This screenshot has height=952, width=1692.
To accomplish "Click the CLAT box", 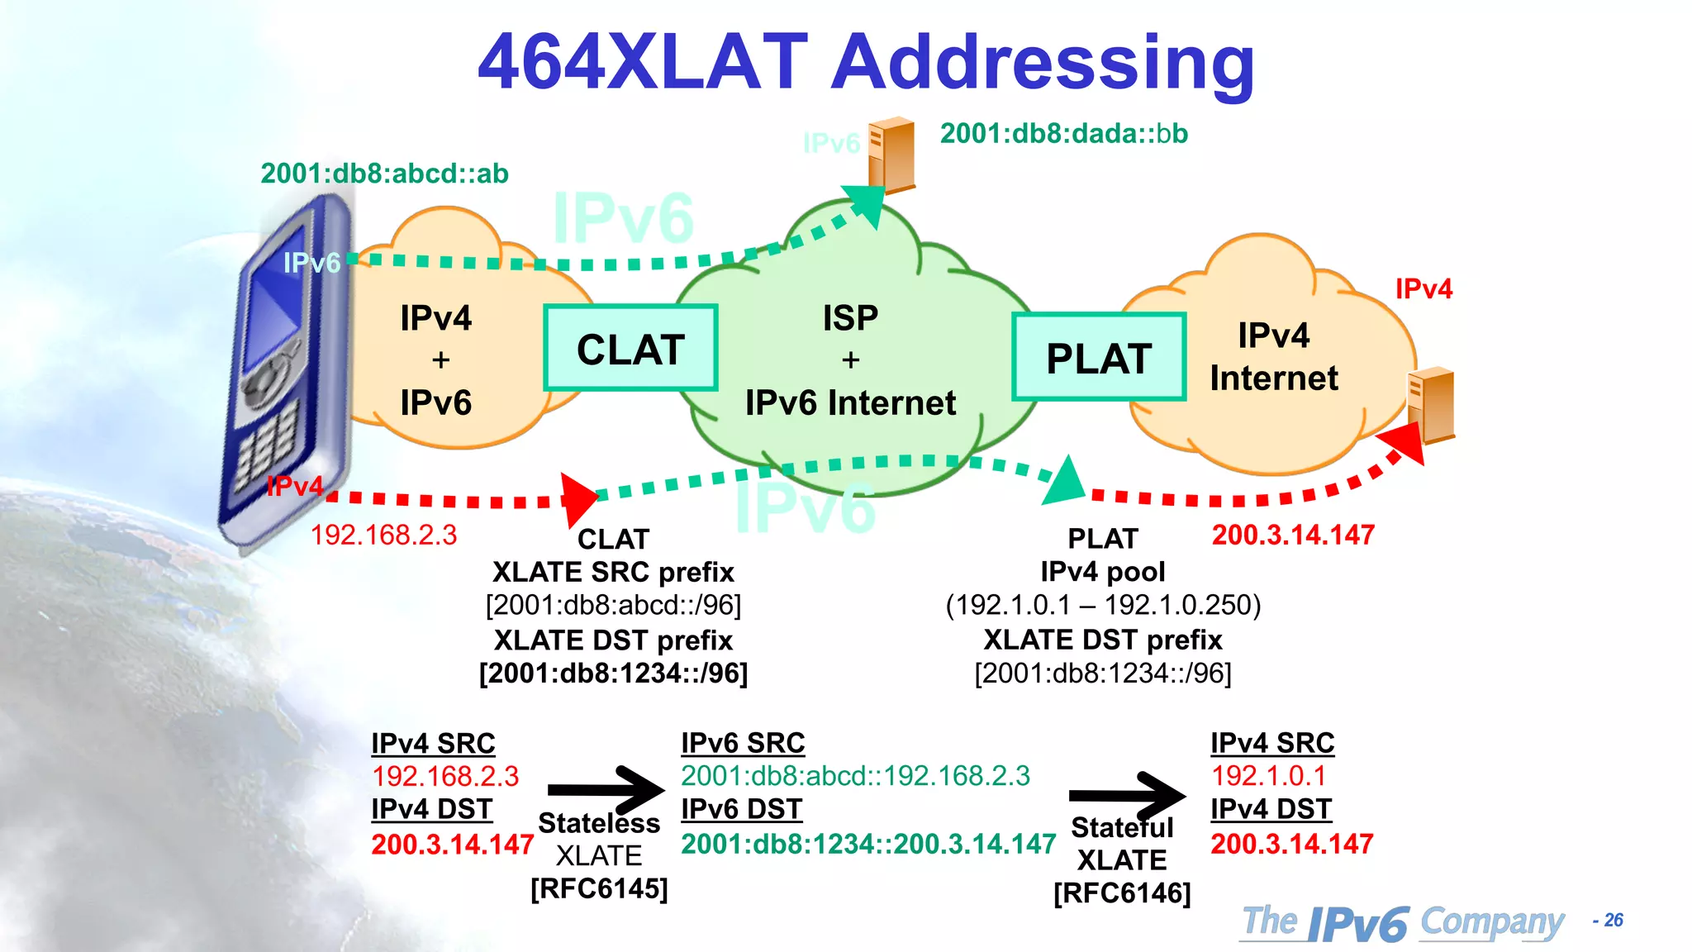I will tap(630, 348).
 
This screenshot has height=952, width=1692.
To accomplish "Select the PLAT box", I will tap(1099, 357).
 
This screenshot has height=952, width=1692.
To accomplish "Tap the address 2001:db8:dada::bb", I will tap(1063, 134).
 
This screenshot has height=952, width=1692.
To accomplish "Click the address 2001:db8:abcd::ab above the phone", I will tap(384, 174).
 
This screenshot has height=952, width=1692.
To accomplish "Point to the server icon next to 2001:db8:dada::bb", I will tap(891, 155).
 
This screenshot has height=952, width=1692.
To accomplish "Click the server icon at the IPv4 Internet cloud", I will tap(1431, 404).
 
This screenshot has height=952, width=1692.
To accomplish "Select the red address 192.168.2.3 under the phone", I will tap(383, 535).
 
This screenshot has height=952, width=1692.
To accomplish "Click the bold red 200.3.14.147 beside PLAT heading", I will tap(1292, 535).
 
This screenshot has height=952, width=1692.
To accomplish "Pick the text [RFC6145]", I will tap(599, 889).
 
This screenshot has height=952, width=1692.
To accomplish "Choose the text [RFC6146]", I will tap(1122, 893).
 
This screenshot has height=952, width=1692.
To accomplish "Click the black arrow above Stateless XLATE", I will tap(607, 789).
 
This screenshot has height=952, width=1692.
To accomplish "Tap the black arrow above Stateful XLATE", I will tap(1128, 795).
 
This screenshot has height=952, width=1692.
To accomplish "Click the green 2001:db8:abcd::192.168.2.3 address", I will tap(855, 776).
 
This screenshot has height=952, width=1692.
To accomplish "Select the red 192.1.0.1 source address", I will tap(1268, 776).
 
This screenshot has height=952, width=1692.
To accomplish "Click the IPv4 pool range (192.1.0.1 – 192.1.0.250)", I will tap(1103, 606).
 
